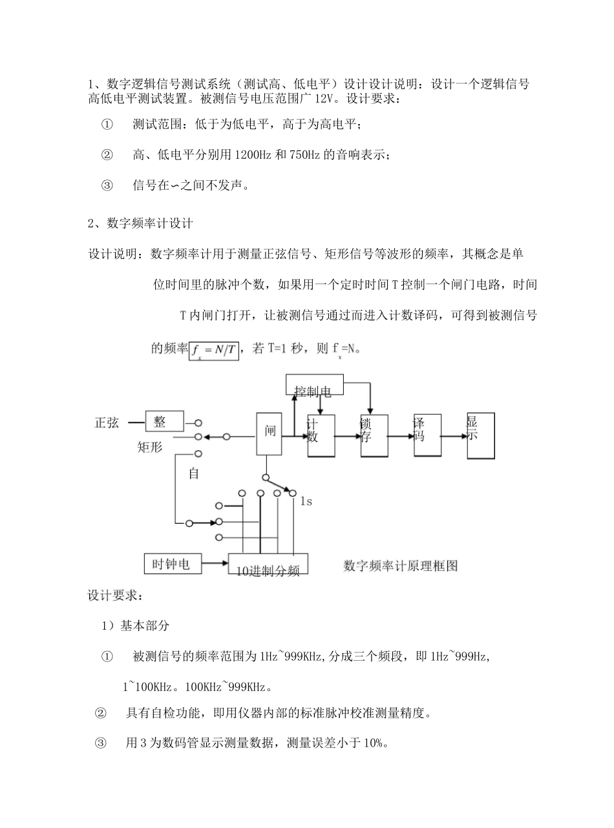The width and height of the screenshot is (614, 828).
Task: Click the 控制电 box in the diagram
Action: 314,386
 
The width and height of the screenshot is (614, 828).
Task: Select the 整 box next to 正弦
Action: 164,422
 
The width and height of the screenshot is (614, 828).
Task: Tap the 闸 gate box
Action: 269,433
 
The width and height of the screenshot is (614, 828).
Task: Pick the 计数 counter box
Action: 321,435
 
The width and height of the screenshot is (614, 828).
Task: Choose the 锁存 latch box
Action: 374,435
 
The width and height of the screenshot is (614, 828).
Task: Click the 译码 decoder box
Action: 427,435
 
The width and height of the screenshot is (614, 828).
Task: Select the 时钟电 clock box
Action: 173,564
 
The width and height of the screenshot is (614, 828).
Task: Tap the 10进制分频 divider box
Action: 268,564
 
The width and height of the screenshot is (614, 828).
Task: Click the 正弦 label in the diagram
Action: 107,423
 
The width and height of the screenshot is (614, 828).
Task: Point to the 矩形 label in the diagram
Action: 150,447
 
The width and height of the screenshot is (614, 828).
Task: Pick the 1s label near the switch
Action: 306,501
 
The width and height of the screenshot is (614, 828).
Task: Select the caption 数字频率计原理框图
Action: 401,566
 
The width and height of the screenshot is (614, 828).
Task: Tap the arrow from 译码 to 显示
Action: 454,436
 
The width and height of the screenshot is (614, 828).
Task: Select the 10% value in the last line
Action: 374,743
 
